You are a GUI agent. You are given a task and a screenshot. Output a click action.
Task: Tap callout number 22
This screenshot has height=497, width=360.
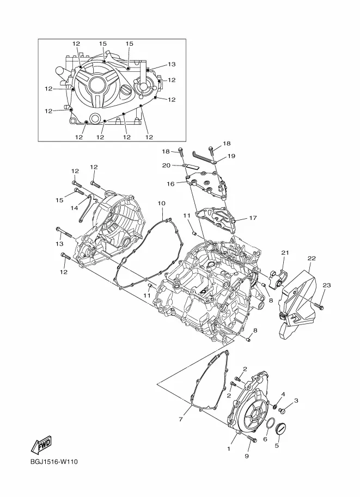[311, 258]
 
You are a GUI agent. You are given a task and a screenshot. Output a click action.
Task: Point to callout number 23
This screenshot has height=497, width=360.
[326, 285]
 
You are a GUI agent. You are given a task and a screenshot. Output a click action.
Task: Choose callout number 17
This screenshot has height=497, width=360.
[252, 218]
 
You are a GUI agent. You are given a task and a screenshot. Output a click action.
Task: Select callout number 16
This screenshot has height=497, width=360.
[170, 184]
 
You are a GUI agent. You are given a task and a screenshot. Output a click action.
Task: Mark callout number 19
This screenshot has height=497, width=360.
[231, 156]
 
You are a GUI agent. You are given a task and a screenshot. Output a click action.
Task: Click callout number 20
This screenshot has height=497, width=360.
[167, 165]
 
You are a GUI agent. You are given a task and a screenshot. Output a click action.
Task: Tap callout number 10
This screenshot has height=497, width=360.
[162, 203]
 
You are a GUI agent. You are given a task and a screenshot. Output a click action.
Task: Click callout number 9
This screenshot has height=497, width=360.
[246, 456]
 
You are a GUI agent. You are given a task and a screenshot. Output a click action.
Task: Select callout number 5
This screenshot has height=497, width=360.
[276, 445]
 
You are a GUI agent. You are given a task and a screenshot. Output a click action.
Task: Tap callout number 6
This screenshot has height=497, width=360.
[265, 439]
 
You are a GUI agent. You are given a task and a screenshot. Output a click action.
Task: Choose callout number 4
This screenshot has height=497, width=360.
[283, 394]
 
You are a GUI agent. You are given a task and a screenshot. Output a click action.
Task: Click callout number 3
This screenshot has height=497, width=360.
[296, 401]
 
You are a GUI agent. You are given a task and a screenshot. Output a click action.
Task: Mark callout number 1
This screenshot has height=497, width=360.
[229, 450]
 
